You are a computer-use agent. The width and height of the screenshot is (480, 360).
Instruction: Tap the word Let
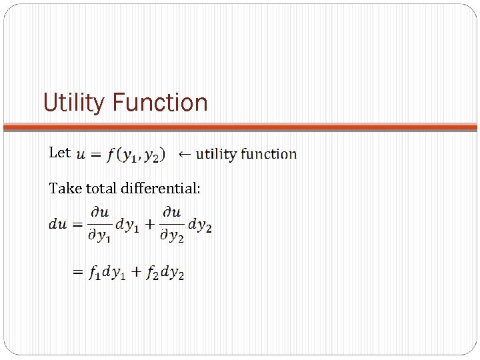[59, 153]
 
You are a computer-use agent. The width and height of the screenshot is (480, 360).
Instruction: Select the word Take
[63, 188]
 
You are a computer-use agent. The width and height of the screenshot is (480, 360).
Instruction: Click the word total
[99, 188]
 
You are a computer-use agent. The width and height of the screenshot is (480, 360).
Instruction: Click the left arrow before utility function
[185, 154]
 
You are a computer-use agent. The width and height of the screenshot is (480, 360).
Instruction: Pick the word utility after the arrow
[216, 154]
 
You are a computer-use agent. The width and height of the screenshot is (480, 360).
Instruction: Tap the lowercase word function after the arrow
[269, 154]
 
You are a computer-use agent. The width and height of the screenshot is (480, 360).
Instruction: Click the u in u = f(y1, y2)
[81, 155]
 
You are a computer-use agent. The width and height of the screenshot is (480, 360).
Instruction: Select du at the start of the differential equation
[57, 225]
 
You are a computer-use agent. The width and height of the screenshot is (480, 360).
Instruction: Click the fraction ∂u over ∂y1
[101, 225]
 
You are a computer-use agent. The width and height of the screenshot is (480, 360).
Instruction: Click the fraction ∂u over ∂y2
[173, 225]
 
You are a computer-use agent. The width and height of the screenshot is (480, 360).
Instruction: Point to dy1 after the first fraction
[127, 225]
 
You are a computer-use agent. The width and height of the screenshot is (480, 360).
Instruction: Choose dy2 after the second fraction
[200, 225]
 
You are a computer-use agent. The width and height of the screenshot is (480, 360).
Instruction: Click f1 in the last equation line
[95, 273]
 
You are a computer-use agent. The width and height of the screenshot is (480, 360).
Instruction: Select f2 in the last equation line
[153, 273]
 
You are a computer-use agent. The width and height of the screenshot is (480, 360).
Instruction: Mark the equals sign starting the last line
[78, 273]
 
